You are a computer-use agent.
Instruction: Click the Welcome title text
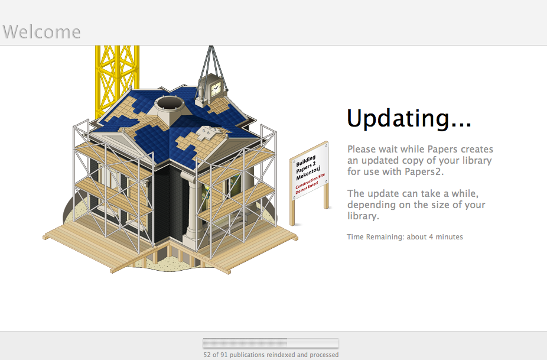click(42, 32)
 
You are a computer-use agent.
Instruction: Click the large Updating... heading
click(409, 119)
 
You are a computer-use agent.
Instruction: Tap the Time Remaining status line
click(405, 236)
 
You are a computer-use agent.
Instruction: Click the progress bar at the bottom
click(271, 343)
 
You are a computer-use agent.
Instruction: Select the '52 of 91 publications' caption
click(271, 355)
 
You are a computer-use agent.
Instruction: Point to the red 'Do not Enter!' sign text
click(307, 187)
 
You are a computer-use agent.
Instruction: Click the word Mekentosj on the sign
click(307, 173)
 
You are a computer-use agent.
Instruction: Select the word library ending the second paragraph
click(363, 216)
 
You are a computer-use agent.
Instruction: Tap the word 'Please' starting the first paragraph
click(362, 149)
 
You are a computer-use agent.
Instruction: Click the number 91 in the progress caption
click(224, 355)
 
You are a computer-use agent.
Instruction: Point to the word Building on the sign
click(306, 161)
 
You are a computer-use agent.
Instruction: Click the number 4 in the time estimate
click(431, 236)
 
